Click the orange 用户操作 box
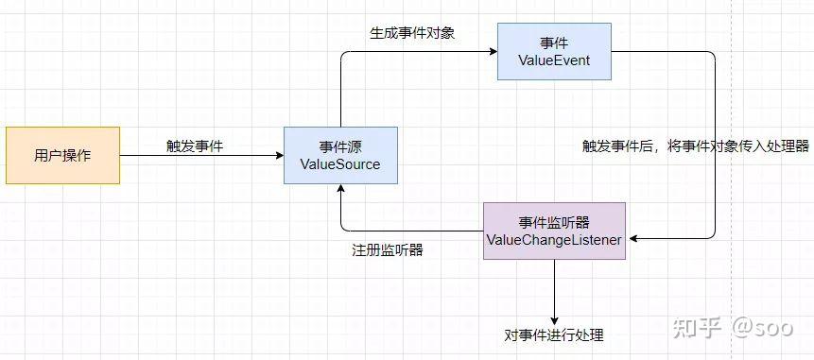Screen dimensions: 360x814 click(x=62, y=155)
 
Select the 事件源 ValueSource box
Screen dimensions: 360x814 click(x=339, y=155)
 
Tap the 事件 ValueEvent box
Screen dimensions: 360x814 click(x=553, y=51)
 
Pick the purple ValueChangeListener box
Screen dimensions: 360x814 click(x=553, y=231)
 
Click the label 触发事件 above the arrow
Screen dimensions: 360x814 click(x=195, y=146)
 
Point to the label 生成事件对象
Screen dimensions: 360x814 click(x=412, y=33)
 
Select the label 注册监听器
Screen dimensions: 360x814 click(x=387, y=250)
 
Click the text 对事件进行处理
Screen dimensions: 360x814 click(x=554, y=335)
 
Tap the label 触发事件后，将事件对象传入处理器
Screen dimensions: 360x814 click(x=696, y=146)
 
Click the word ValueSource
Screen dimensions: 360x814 click(x=339, y=164)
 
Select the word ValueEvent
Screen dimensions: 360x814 click(x=553, y=60)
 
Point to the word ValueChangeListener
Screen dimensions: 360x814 click(x=553, y=240)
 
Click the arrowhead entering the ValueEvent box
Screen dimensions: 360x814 click(x=493, y=51)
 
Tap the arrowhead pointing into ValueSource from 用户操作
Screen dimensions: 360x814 click(x=279, y=155)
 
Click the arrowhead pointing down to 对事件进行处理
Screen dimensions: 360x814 click(x=554, y=318)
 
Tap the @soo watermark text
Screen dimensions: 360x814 click(x=759, y=328)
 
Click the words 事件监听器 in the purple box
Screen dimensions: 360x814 click(x=553, y=222)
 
